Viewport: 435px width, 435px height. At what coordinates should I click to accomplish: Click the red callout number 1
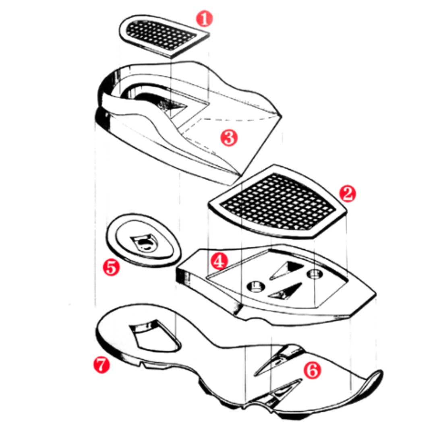(x=205, y=19)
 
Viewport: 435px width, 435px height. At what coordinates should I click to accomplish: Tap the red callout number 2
(x=348, y=194)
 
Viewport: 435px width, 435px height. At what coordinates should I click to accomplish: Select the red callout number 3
(x=229, y=137)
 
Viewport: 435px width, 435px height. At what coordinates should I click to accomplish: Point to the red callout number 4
(x=219, y=261)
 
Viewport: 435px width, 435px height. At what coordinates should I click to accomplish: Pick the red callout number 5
(x=111, y=267)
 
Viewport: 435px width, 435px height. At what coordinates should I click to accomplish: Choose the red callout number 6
(x=313, y=371)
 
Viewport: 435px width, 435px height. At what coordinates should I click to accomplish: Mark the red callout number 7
(x=101, y=365)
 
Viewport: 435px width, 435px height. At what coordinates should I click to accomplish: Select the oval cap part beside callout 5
(x=143, y=240)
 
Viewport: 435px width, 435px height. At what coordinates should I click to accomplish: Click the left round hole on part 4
(x=255, y=286)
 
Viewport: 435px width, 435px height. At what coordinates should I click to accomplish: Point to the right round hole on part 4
(x=314, y=274)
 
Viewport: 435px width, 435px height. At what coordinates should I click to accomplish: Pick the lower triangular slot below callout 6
(x=286, y=389)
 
